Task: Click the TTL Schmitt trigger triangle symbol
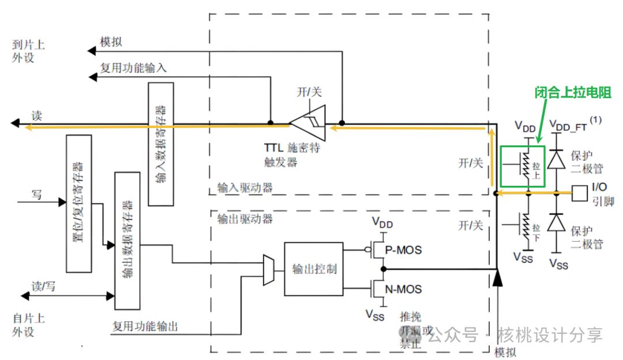(308, 123)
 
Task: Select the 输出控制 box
(314, 269)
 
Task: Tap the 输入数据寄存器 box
(160, 144)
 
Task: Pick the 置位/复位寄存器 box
(79, 203)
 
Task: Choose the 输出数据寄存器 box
(127, 240)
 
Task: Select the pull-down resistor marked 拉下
(524, 226)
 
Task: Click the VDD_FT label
(574, 124)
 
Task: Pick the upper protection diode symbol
(556, 159)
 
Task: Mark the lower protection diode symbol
(556, 222)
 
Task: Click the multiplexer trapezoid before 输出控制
(268, 269)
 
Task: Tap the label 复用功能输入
(133, 67)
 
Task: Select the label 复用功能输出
(145, 327)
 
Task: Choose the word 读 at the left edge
(37, 115)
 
